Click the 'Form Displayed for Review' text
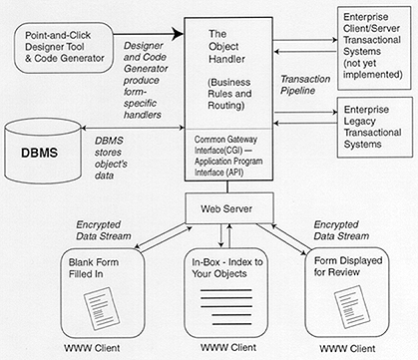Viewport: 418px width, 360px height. click(351, 262)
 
